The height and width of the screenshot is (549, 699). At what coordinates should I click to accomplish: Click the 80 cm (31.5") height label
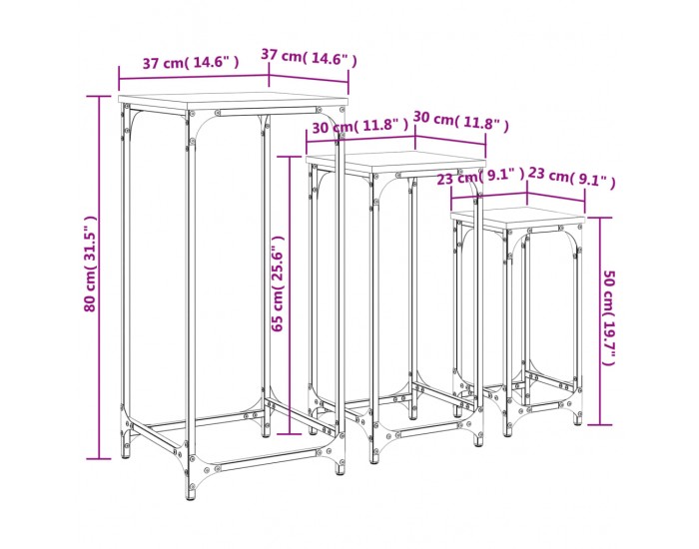90,264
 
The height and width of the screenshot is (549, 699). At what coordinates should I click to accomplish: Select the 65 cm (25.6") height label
278,283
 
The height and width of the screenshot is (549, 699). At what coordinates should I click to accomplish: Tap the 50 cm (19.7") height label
608,317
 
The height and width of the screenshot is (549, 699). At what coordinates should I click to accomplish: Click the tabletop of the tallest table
233,103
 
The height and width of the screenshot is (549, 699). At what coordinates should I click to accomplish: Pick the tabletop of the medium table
395,162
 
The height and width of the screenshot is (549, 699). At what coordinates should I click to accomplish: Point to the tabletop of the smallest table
517,218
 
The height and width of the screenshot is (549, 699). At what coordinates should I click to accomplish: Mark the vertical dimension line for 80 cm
99,277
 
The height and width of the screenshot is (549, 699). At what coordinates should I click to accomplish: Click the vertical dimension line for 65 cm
290,295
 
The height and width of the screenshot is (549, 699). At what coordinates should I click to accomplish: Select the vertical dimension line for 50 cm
599,320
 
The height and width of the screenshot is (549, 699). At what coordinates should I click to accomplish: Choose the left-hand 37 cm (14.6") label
191,62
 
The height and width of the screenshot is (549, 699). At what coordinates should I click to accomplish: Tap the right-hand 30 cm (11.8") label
460,122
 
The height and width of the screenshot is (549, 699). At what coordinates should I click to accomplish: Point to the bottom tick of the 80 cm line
99,458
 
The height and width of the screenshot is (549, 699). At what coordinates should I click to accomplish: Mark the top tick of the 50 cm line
599,218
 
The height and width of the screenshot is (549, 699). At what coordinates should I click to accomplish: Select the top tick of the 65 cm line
290,157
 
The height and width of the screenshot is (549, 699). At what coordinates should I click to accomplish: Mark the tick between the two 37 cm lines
269,76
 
